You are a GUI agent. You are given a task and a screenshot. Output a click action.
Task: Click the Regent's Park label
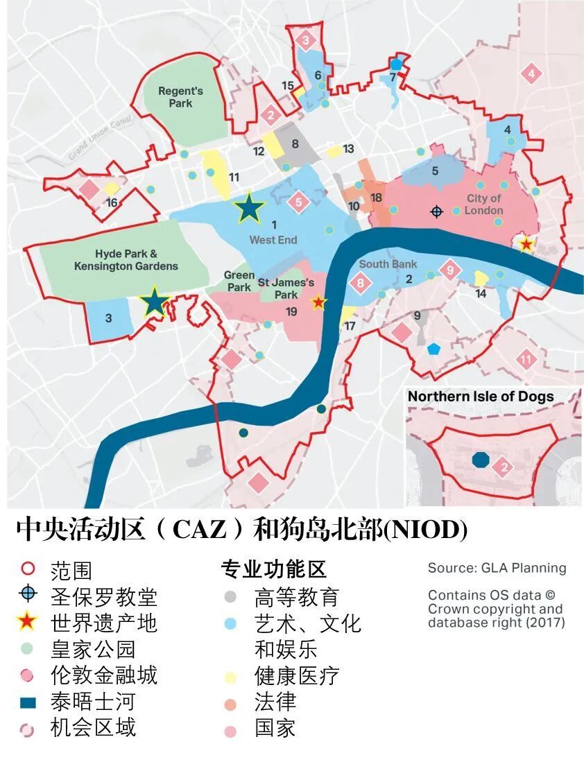pyautogui.click(x=180, y=97)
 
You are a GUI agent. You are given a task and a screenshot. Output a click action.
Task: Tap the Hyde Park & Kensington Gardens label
pyautogui.click(x=126, y=260)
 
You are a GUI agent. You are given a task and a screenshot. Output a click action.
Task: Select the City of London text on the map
pyautogui.click(x=483, y=205)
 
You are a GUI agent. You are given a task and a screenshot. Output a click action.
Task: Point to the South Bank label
pyautogui.click(x=388, y=264)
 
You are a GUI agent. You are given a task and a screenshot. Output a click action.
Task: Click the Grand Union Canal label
pyautogui.click(x=100, y=139)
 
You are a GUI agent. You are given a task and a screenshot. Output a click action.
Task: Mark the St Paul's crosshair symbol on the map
pyautogui.click(x=436, y=211)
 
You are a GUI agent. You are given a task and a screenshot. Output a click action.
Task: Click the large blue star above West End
pyautogui.click(x=249, y=208)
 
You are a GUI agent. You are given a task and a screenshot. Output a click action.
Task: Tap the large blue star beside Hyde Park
pyautogui.click(x=154, y=302)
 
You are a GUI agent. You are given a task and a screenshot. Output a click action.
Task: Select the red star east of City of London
pyautogui.click(x=526, y=243)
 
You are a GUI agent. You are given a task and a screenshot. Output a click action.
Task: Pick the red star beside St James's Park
pyautogui.click(x=318, y=302)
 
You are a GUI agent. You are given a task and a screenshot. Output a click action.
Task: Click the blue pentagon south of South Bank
pyautogui.click(x=433, y=348)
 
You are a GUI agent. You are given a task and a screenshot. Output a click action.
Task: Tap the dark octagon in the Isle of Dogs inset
pyautogui.click(x=480, y=459)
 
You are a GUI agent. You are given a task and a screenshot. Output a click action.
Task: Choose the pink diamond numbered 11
pyautogui.click(x=526, y=359)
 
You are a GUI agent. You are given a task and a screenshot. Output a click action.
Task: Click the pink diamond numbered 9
pyautogui.click(x=450, y=269)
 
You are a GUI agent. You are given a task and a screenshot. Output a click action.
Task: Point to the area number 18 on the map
pyautogui.click(x=377, y=198)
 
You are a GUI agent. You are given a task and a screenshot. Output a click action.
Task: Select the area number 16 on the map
pyautogui.click(x=112, y=202)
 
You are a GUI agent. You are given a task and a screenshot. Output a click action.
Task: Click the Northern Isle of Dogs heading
pyautogui.click(x=481, y=397)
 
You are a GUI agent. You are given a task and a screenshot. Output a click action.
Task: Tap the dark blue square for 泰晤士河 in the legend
pyautogui.click(x=28, y=702)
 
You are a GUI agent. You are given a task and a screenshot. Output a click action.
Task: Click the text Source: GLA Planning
pyautogui.click(x=497, y=568)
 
